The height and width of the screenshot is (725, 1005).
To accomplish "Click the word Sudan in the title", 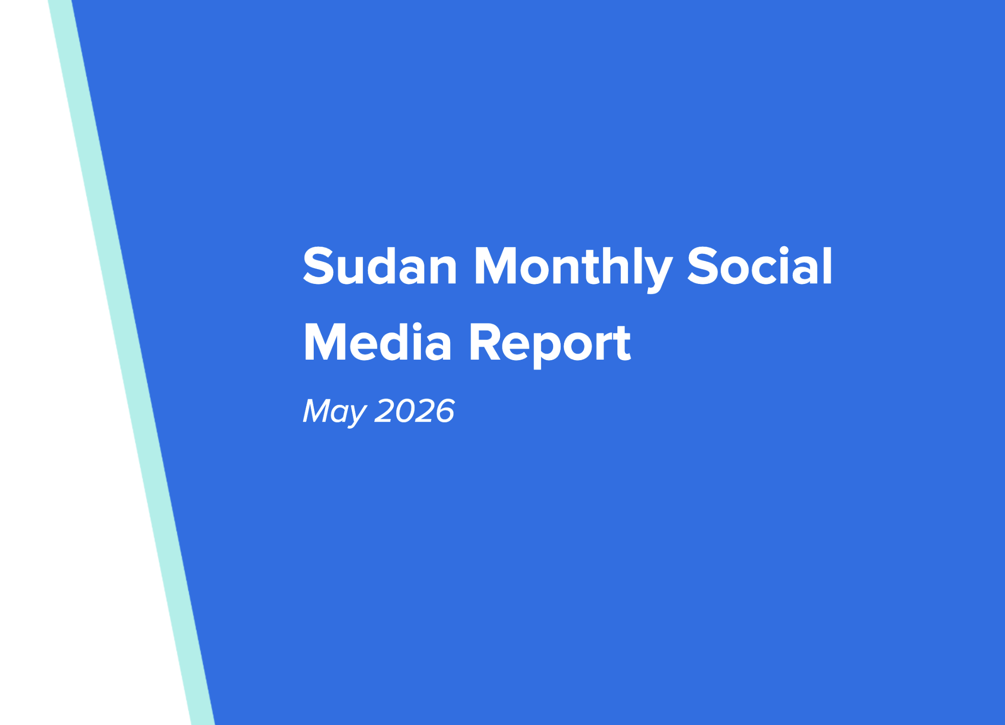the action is [x=380, y=266].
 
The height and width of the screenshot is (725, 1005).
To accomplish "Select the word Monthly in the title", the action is [x=573, y=269].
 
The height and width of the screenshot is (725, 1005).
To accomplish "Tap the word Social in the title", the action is [x=759, y=266].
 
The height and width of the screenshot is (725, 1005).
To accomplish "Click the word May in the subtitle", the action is [x=335, y=412].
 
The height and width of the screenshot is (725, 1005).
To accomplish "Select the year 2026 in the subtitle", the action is [x=414, y=410].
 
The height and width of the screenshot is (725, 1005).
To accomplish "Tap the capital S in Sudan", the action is [x=318, y=266].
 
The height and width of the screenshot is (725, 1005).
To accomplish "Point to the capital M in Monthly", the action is [x=494, y=266].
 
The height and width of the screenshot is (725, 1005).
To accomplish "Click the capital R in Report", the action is [x=483, y=342].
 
